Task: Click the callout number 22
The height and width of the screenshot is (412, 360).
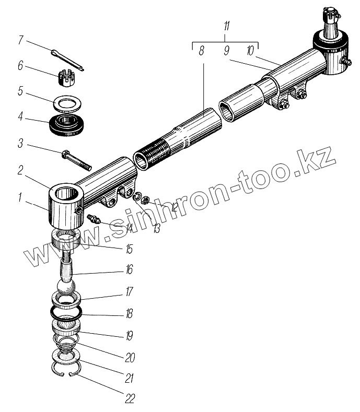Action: tap(130, 399)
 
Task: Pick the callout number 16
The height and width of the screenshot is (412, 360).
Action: tap(129, 270)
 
